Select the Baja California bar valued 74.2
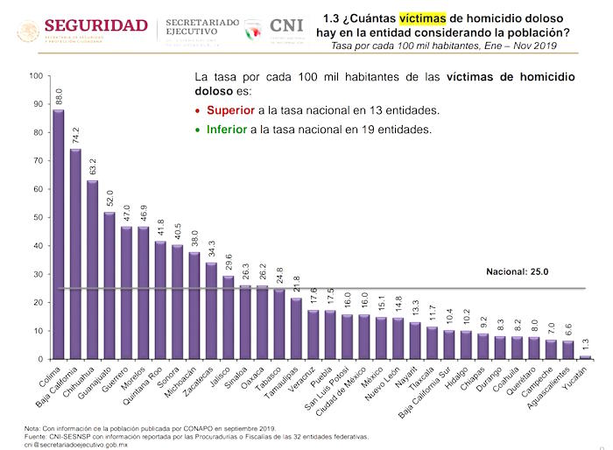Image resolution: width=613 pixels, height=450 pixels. click(76, 254)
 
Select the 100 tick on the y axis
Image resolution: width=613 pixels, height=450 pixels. click(35, 76)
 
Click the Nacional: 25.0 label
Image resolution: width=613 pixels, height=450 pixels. click(518, 273)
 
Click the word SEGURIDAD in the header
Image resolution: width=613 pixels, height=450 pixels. click(95, 25)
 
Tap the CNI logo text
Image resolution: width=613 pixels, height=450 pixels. click(287, 25)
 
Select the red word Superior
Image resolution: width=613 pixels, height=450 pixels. click(231, 111)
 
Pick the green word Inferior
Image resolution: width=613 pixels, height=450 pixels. click(228, 130)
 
